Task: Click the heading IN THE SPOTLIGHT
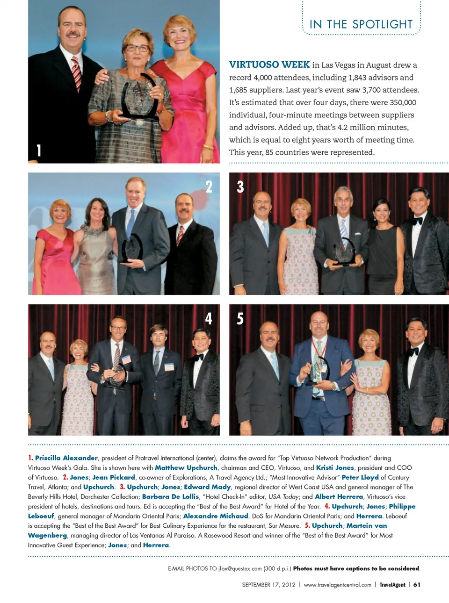[361, 24]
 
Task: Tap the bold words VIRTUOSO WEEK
[269, 65]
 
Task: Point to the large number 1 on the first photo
[39, 150]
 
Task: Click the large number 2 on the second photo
[209, 187]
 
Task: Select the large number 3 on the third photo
[240, 187]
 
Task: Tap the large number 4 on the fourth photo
[209, 319]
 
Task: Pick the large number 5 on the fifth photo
[240, 319]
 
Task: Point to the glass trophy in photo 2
[132, 248]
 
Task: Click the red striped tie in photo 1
[76, 73]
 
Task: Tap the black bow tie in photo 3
[417, 221]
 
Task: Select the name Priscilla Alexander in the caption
[66, 458]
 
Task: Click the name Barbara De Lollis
[171, 496]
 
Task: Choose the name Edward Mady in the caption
[207, 487]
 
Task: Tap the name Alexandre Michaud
[216, 516]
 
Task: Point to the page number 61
[417, 585]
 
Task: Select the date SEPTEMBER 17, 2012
[268, 585]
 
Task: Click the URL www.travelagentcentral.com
[337, 585]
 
